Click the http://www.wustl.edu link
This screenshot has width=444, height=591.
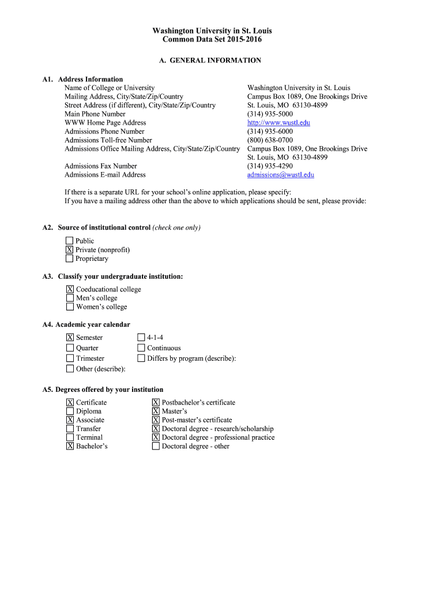279,123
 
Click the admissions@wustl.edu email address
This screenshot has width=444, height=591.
280,175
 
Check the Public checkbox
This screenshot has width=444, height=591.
69,241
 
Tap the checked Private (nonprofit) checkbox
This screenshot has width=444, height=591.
69,250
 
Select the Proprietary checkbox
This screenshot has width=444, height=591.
69,259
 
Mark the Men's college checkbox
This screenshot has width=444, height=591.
70,298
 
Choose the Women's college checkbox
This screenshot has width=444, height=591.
70,307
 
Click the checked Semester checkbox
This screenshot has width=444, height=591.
70,338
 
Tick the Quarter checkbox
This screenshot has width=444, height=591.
70,348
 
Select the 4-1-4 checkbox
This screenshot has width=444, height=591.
141,338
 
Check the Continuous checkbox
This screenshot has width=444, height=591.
141,348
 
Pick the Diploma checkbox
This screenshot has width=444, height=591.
70,412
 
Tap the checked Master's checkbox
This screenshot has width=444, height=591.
156,412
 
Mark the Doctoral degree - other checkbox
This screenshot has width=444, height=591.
156,446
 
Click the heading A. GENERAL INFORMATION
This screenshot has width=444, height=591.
210,61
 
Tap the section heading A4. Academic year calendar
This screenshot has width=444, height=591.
86,324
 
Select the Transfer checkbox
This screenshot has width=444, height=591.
70,429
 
